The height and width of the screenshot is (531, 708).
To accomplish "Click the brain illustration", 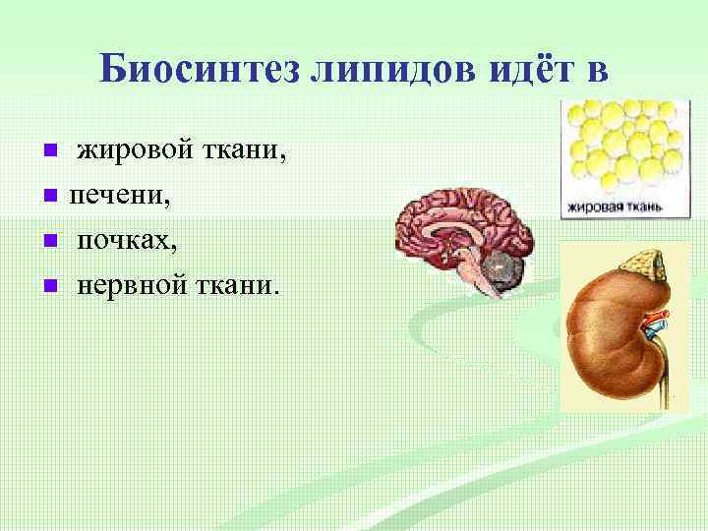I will (462, 236).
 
